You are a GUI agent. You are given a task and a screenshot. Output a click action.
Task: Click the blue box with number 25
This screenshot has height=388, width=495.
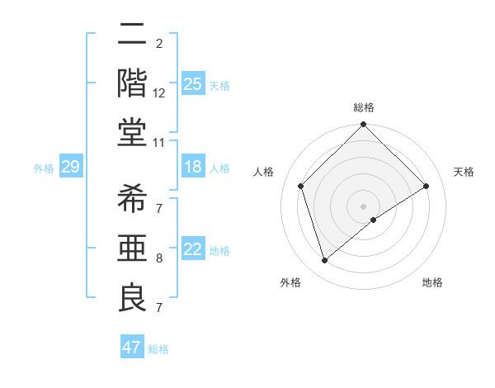pos(192,83)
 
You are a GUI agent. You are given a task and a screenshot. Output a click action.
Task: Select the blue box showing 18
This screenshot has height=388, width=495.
pos(192,167)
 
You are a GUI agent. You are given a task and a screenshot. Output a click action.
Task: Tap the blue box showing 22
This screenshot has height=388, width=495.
pos(192,249)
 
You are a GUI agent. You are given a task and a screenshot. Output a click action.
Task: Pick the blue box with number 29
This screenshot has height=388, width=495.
pos(70,167)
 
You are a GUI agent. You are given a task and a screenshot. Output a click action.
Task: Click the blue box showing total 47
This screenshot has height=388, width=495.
pos(132,348)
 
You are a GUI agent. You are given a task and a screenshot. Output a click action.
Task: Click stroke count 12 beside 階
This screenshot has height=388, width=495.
pos(159,93)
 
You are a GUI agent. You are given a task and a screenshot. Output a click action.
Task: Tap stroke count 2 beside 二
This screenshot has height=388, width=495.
pos(159,44)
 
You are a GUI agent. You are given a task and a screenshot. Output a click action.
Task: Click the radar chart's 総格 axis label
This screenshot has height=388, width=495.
pos(364,107)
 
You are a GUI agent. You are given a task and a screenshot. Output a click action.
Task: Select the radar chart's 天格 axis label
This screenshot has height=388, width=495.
pos(464,172)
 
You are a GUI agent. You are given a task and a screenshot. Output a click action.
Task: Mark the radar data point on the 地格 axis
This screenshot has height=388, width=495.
pos(374,220)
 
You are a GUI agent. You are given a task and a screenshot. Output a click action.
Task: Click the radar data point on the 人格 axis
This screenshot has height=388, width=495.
pos(301,186)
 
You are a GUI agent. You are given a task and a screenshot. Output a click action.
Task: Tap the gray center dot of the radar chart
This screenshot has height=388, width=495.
pos(364,206)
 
